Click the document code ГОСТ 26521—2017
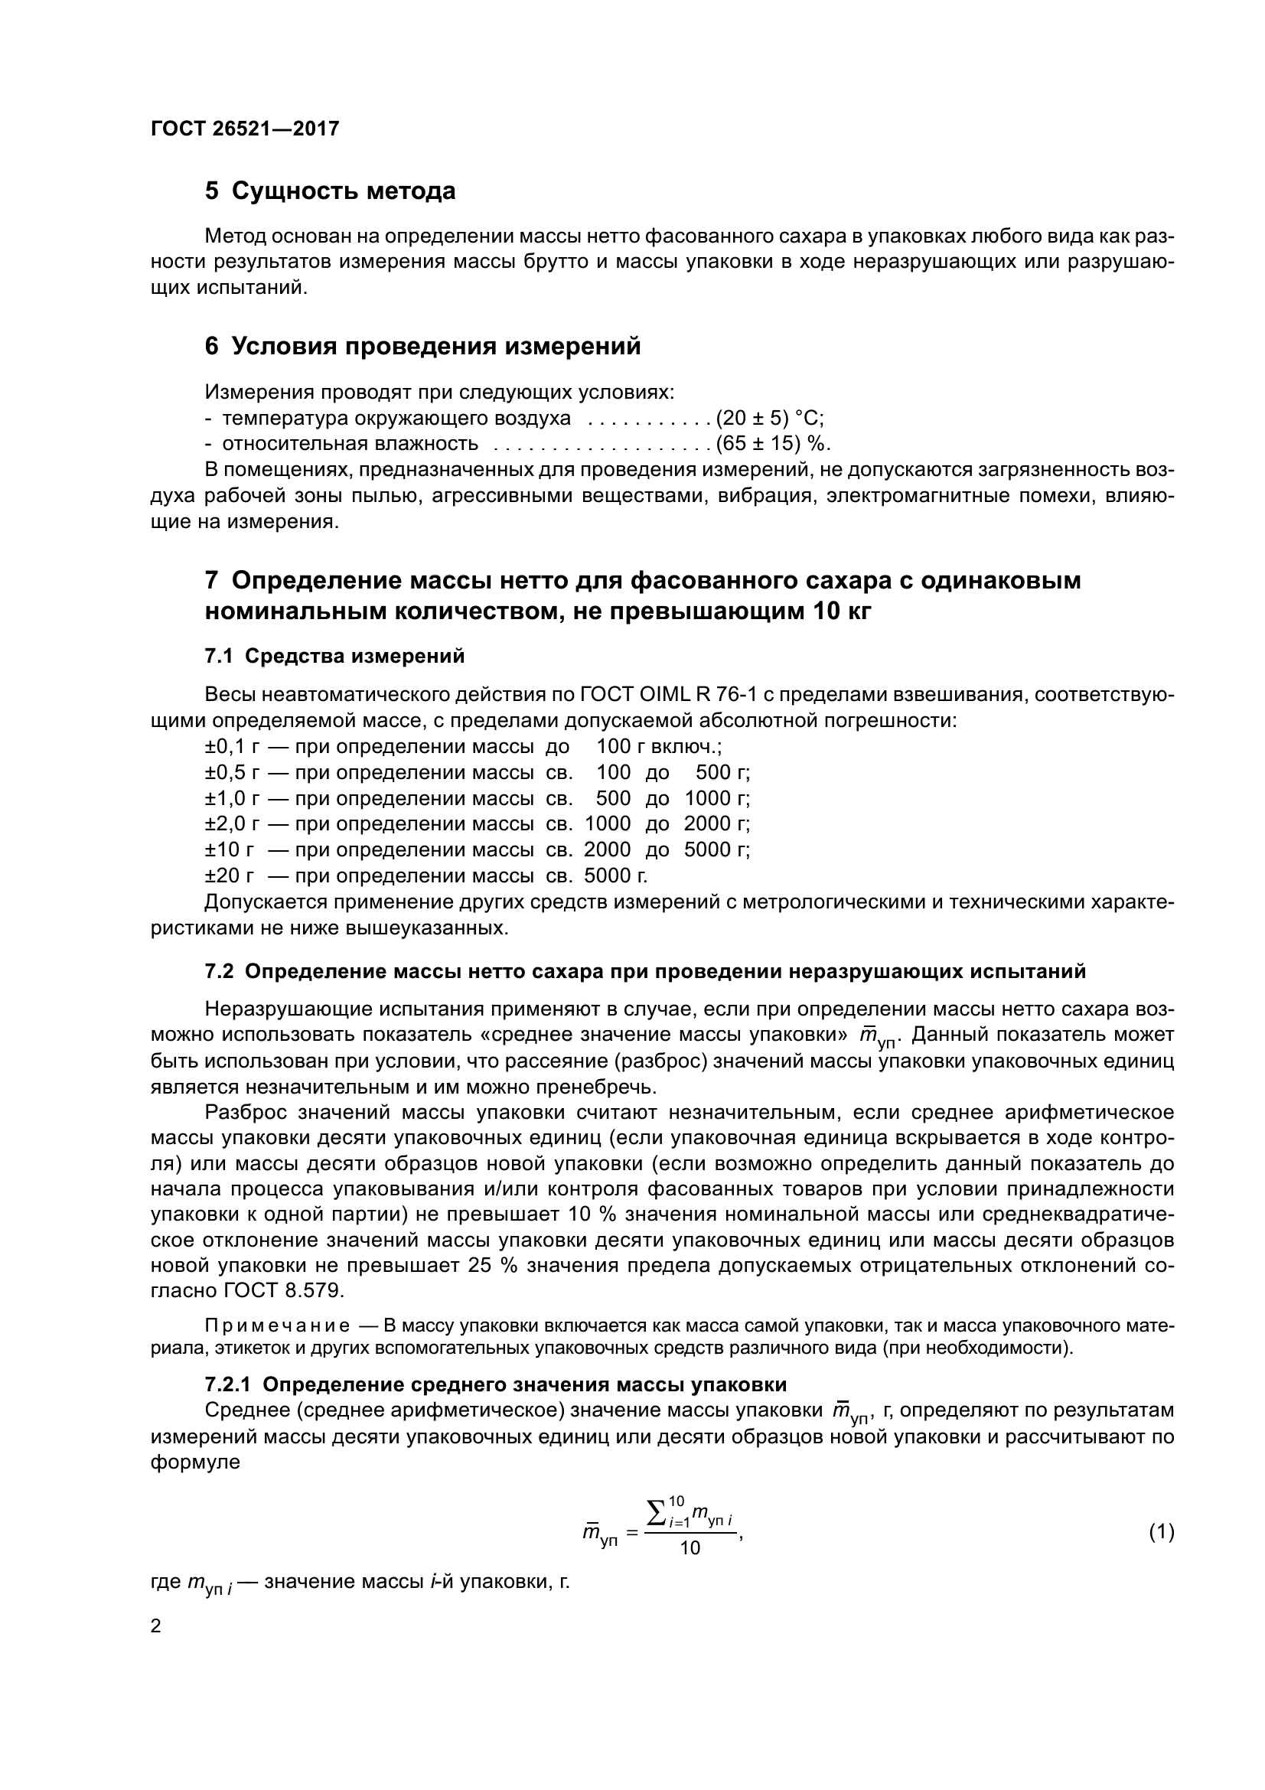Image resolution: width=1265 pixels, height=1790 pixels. coord(245,129)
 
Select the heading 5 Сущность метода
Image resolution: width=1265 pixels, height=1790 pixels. coord(330,191)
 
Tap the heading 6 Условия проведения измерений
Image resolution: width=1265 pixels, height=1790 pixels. coord(422,346)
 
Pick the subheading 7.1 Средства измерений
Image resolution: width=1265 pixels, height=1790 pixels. coord(334,656)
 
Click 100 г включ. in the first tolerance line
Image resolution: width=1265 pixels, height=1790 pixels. coord(659,747)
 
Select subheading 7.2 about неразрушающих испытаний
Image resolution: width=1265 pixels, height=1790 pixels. coord(644,971)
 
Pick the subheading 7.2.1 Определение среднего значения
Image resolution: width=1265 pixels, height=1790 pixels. coord(496,1384)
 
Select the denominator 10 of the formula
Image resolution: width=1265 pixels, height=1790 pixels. coord(690,1548)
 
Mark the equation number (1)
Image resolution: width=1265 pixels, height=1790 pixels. coord(1162,1533)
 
